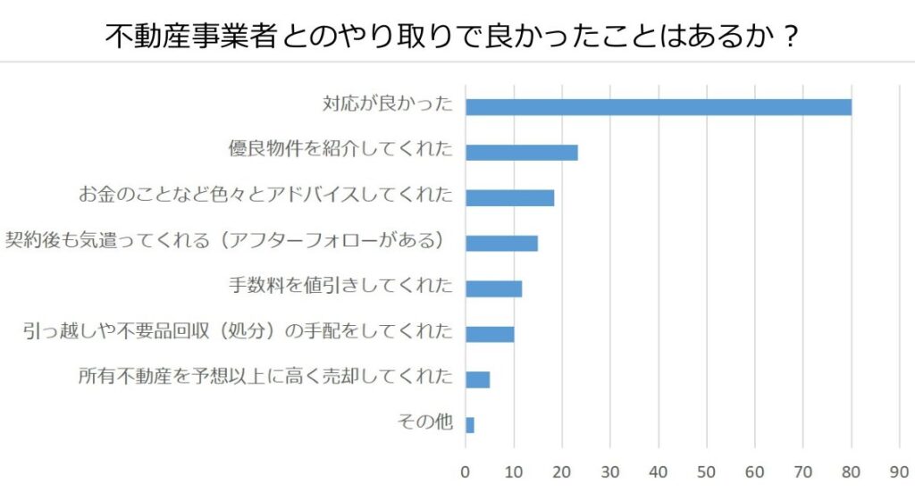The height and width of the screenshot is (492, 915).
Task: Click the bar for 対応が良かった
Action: pos(659,107)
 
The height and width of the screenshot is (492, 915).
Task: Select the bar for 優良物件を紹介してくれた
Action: pos(522,152)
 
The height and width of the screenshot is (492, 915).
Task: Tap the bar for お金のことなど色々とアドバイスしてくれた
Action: pos(510,197)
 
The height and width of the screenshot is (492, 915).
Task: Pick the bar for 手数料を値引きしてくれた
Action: pos(494,288)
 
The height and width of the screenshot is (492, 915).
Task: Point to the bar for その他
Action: pos(470,425)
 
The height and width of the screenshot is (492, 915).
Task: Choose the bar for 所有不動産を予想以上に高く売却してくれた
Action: pos(478,379)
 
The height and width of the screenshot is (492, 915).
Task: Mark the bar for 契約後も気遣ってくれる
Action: pos(502,243)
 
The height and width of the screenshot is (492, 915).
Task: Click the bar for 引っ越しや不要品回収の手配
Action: pos(490,334)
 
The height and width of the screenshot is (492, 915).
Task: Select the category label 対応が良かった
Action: pos(388,104)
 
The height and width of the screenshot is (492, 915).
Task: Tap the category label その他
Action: pos(424,422)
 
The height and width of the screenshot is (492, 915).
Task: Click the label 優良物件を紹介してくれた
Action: pos(340,150)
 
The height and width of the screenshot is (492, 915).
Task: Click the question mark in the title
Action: pos(787,37)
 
